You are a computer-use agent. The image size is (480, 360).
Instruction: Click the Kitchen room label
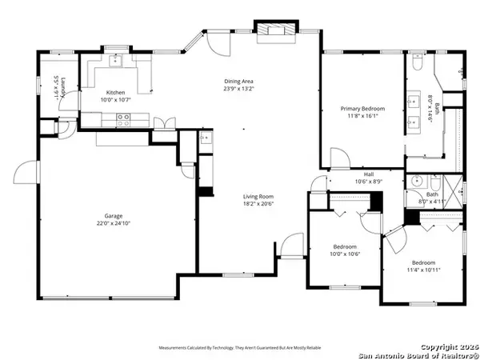click(x=114, y=93)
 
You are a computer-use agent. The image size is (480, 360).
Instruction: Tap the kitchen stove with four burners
click(x=124, y=119)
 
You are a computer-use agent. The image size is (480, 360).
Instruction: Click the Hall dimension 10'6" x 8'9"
click(x=369, y=182)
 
